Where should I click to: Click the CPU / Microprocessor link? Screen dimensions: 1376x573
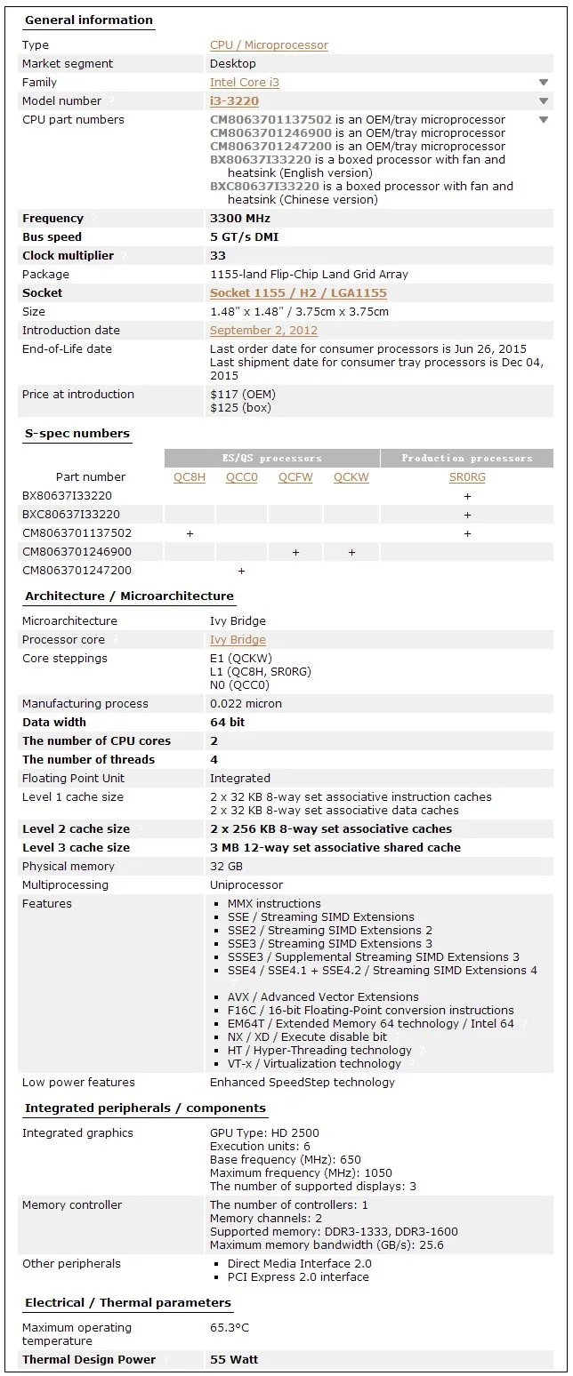click(269, 45)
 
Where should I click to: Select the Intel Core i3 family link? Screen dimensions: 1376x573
click(244, 83)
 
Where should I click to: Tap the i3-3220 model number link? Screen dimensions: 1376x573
click(234, 101)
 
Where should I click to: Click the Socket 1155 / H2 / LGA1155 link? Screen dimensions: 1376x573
click(298, 293)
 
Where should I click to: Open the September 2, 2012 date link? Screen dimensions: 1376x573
click(263, 331)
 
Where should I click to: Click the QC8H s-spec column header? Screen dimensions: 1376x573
click(190, 477)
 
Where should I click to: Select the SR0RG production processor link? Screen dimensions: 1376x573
click(467, 477)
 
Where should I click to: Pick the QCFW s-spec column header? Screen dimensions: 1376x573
click(295, 477)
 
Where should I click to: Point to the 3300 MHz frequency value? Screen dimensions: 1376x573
click(240, 219)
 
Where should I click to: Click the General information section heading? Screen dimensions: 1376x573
click(88, 20)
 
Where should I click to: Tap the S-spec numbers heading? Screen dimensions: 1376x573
click(77, 434)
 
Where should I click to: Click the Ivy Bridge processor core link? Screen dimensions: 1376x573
click(238, 640)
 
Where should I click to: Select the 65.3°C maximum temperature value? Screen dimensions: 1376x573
click(230, 1328)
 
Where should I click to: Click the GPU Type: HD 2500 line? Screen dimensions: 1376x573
click(264, 1133)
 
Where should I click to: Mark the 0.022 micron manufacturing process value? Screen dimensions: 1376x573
click(246, 704)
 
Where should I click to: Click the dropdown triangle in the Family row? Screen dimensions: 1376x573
click(544, 83)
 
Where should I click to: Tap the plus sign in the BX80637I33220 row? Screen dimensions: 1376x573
click(467, 496)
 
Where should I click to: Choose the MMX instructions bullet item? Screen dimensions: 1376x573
click(274, 904)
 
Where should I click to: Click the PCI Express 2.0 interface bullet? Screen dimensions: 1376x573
click(298, 1277)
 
